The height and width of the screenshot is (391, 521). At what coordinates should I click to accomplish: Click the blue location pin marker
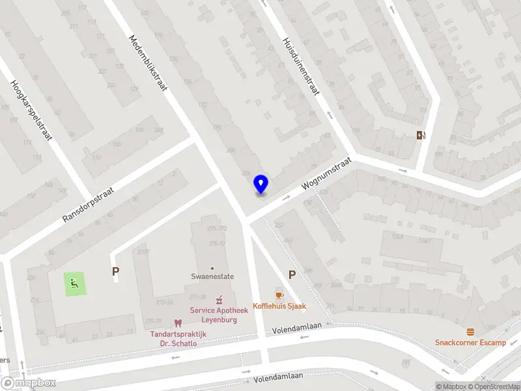point(261,185)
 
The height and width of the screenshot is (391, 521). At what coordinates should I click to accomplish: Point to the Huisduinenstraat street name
point(300,65)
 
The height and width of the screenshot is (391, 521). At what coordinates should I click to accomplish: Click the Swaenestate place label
point(212,276)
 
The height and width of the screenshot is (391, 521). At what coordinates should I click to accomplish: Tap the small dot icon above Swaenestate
point(212,268)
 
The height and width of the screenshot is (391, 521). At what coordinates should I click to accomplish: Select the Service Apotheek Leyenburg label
point(219,315)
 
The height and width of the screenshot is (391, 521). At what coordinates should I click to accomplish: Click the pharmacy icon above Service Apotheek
point(219,300)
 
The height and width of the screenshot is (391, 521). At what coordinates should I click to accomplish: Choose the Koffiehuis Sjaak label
point(279,306)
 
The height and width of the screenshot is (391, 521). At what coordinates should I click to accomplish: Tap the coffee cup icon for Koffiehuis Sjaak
point(279,294)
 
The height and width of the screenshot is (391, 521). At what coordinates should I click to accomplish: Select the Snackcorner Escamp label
point(471,343)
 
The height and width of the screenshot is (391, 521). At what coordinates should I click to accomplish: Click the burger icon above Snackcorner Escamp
point(471,332)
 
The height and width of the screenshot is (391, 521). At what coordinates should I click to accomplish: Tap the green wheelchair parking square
point(75,284)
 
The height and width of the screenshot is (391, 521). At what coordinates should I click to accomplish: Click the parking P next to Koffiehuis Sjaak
point(292,275)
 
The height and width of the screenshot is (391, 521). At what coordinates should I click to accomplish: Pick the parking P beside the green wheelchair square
point(116,272)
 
